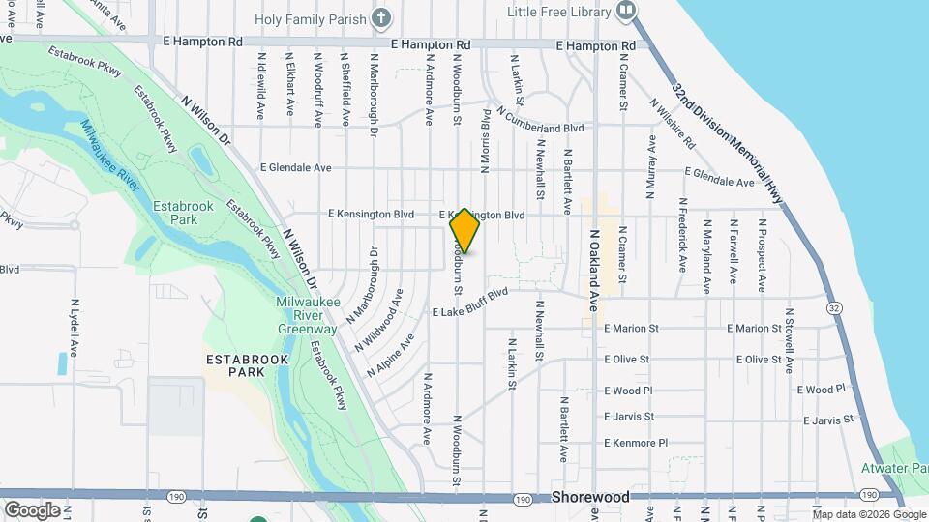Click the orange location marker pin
click(464, 230)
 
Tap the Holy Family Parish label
click(311, 18)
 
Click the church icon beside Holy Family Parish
click(382, 17)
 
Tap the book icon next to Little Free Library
click(626, 12)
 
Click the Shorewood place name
click(590, 497)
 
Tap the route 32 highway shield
click(832, 306)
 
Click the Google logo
click(32, 509)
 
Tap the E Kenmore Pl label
click(636, 443)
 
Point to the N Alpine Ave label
click(391, 356)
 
